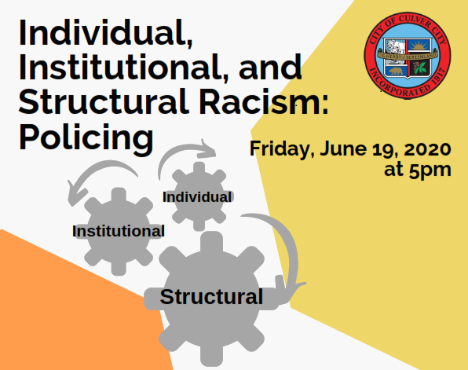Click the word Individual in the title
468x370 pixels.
coord(103,34)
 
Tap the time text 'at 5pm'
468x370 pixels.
coord(419,169)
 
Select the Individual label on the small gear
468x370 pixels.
coord(197,196)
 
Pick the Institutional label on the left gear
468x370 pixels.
coord(119,231)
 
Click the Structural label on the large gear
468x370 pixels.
coord(212,297)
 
